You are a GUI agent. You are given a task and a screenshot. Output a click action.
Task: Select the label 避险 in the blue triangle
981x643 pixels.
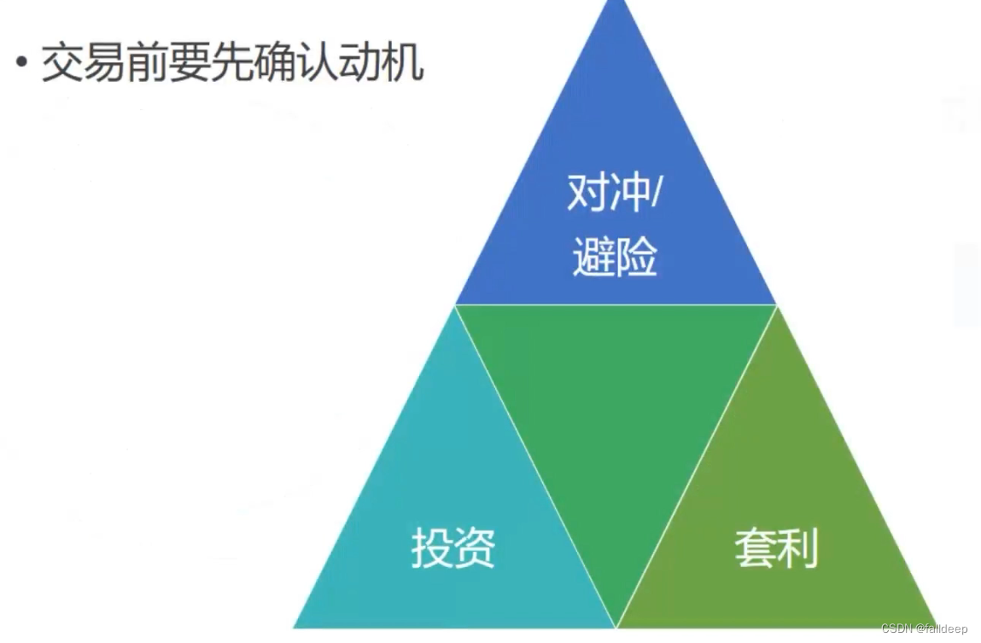(615, 257)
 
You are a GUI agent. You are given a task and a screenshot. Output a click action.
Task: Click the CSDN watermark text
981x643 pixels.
(924, 629)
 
